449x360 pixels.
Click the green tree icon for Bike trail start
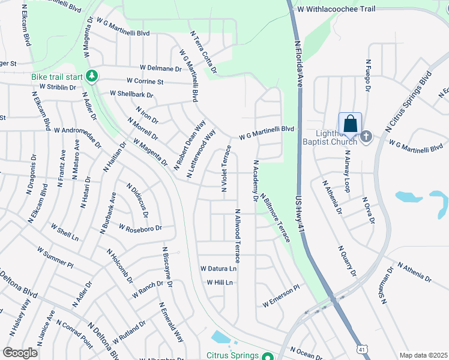point(92,77)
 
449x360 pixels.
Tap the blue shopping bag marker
point(350,125)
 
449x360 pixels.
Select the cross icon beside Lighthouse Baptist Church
point(366,137)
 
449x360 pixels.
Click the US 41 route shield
point(361,349)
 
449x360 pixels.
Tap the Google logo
point(20,353)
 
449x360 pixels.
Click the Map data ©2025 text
point(423,355)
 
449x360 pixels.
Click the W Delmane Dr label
point(160,69)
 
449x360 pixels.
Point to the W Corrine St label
point(145,81)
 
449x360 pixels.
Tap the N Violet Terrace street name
point(227,168)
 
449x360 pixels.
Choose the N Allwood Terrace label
point(238,236)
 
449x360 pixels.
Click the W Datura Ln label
point(218,269)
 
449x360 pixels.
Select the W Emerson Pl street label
point(280,297)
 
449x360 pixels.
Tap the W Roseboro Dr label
point(140,229)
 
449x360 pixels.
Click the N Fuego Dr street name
point(367,76)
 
